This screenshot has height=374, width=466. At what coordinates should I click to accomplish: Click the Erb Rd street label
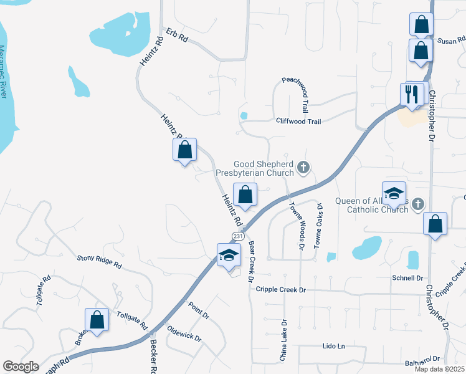point(177,34)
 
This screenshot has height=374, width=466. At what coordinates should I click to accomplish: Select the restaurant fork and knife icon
point(412,95)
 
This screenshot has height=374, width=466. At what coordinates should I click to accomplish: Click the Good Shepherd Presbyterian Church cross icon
point(303,166)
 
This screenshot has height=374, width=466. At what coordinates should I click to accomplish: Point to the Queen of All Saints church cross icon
point(418,204)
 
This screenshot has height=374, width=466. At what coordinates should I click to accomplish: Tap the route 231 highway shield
point(238,236)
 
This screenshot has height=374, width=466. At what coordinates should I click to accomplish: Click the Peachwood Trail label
point(299,90)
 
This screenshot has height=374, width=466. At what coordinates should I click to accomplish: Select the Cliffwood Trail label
point(298,122)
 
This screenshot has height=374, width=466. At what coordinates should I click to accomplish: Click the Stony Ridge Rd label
point(99,261)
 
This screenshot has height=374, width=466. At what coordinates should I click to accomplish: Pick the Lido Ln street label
point(334,345)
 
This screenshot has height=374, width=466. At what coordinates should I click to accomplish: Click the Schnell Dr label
point(407,278)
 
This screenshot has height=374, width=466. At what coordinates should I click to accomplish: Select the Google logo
point(21,367)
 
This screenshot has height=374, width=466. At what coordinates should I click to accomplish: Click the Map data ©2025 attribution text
point(440,369)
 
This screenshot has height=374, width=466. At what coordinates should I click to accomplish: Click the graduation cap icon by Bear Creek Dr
point(229,254)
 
